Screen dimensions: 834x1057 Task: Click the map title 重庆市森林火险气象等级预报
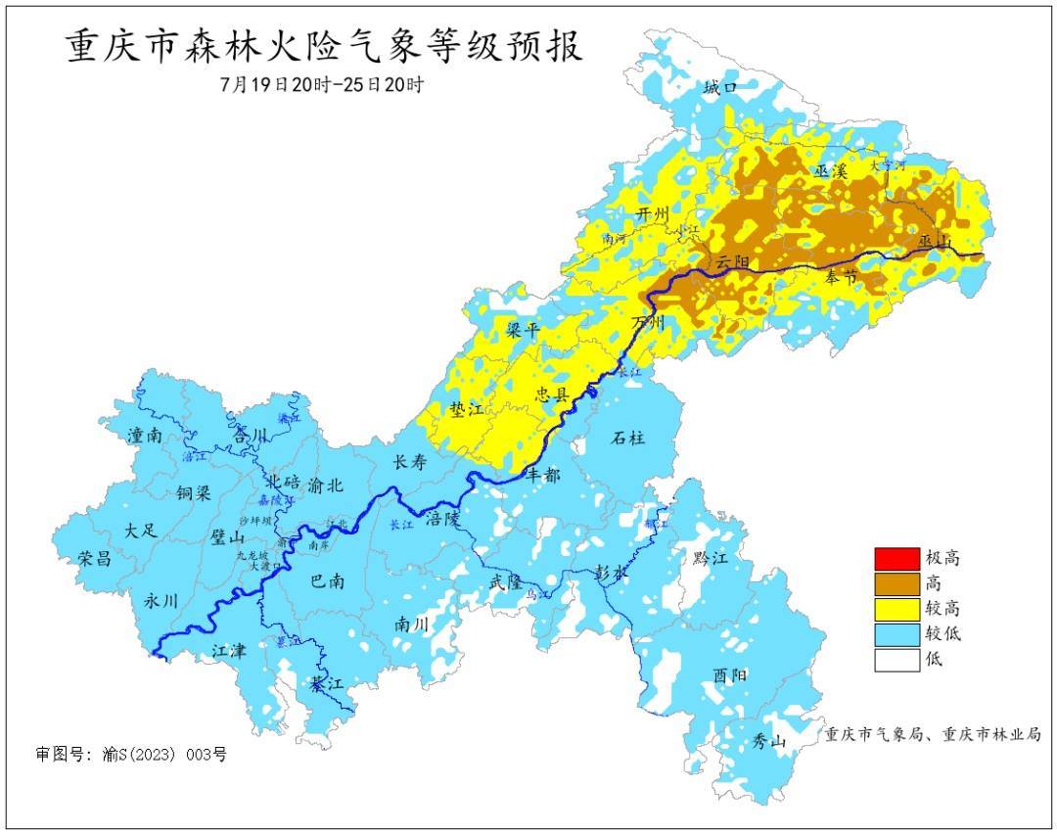tap(324, 46)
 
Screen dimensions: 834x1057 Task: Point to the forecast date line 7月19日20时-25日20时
tap(322, 84)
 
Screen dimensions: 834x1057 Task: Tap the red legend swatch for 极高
tap(896, 559)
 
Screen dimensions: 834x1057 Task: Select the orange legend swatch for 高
tap(896, 583)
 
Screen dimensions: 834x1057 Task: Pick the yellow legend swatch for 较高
tap(896, 609)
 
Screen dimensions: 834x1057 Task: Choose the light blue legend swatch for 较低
tap(896, 633)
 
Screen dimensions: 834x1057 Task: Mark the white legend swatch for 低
tap(896, 659)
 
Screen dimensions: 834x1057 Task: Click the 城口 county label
tap(719, 89)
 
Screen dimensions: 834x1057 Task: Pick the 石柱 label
tap(628, 438)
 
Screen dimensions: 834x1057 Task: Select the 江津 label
tap(232, 650)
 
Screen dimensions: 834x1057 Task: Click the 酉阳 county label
tap(729, 675)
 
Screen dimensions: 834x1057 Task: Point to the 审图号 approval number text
tap(131, 755)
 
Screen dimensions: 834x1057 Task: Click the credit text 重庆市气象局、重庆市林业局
tap(932, 734)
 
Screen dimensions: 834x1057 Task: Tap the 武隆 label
tap(508, 582)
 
